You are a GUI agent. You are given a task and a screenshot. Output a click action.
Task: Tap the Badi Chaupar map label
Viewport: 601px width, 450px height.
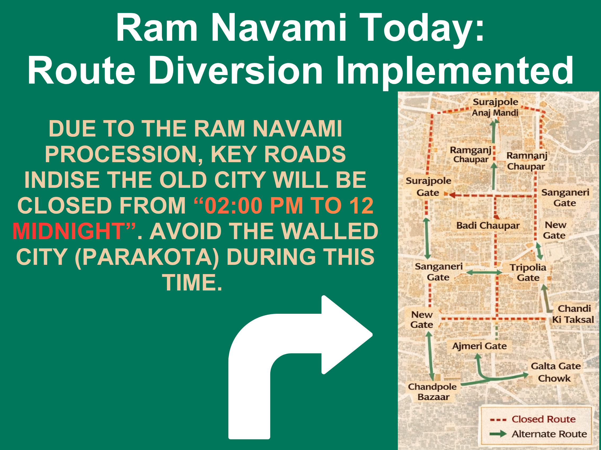coord(488,225)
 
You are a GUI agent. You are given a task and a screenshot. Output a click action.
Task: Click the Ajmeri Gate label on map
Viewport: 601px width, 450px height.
coord(479,346)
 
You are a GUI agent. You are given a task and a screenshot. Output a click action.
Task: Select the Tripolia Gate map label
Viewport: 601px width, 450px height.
coord(528,272)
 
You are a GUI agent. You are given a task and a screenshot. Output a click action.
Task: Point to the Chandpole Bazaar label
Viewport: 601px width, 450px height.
coord(432,392)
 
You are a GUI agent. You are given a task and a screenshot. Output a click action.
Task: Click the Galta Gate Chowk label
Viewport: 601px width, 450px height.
coord(555,372)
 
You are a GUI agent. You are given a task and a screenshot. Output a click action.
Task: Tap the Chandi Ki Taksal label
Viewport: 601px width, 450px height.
coord(573,314)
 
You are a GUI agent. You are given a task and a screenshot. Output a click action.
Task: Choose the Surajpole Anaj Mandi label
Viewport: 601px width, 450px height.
coord(495,107)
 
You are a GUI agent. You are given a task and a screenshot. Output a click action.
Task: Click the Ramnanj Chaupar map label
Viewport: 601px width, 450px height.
coord(526,161)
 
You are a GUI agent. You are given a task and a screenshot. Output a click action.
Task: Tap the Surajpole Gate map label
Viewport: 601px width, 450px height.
coord(428,187)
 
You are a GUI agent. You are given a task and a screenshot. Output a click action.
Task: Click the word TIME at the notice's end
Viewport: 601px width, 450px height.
coord(192,283)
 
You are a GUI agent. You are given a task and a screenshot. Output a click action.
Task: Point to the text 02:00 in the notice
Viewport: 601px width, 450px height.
coord(233,206)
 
